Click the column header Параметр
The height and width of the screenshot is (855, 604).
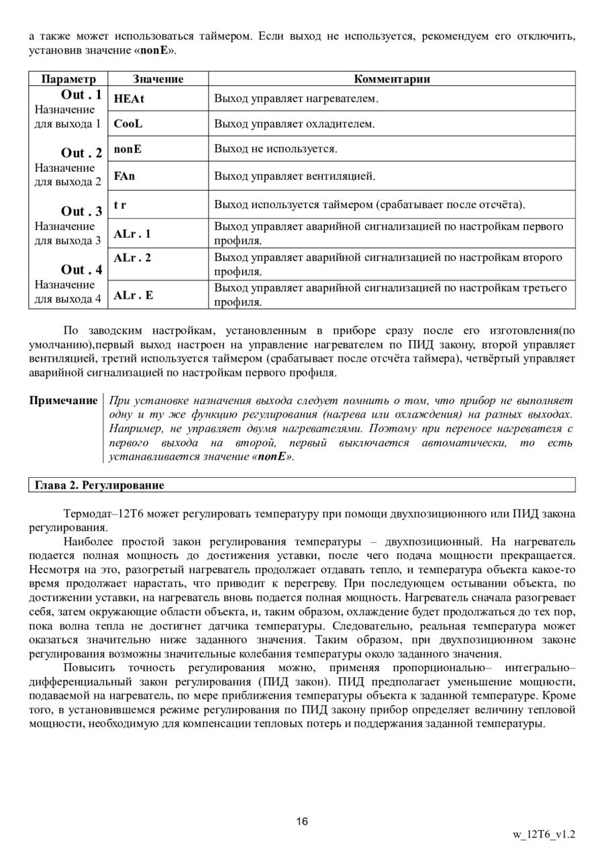point(68,79)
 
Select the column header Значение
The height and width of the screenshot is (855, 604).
point(158,79)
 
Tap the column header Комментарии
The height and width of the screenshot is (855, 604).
point(392,79)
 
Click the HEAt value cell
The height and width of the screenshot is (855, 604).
point(129,99)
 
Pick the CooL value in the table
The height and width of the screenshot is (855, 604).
point(128,124)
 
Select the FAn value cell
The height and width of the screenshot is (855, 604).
point(124,177)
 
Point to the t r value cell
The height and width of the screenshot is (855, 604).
point(120,204)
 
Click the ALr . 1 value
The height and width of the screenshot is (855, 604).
point(132,234)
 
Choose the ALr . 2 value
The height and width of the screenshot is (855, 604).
point(132,258)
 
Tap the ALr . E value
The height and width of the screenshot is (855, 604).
point(133,295)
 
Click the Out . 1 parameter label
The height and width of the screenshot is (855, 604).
point(81,95)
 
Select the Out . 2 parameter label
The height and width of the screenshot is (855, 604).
point(81,153)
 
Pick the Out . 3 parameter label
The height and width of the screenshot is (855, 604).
point(81,211)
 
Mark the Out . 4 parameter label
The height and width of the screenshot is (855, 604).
point(81,270)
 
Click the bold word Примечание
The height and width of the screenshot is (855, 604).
point(63,401)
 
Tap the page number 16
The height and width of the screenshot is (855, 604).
point(301,821)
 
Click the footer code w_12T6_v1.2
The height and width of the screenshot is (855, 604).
point(544,835)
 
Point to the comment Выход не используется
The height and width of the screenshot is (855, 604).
point(276,149)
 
